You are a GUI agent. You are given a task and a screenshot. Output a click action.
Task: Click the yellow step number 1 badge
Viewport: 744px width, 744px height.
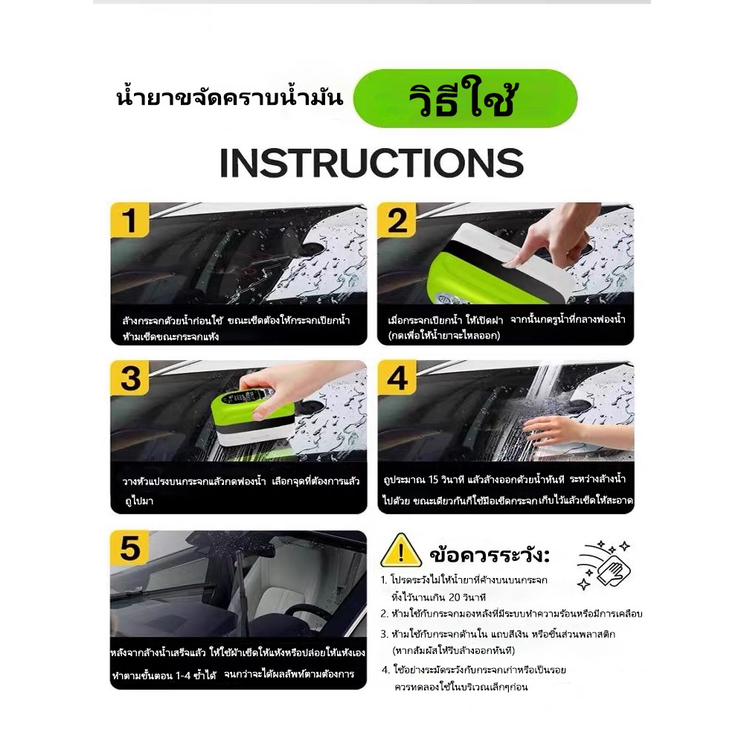coord(129,220)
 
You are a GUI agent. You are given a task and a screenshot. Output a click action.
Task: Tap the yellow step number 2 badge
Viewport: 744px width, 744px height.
coord(397,220)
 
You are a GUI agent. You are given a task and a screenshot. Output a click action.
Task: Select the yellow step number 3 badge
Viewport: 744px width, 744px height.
coord(129,378)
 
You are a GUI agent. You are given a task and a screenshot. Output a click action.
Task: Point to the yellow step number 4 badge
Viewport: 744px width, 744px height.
coord(397,378)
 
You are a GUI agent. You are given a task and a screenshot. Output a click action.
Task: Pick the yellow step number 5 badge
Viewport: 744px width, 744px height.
coord(129,548)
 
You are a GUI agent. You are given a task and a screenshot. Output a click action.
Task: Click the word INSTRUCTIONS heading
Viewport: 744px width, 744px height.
coord(371,163)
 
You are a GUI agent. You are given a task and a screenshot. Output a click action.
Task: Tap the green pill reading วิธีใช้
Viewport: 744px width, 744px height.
coord(465,98)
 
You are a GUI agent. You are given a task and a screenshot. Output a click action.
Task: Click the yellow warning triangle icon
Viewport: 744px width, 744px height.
coord(401,551)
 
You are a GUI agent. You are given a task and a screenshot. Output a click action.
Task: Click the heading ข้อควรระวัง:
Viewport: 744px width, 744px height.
coord(490,554)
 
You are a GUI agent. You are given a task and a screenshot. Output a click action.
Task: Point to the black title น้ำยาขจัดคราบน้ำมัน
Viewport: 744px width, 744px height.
coord(229,97)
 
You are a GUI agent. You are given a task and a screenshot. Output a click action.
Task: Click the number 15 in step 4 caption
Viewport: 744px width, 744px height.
coord(433,480)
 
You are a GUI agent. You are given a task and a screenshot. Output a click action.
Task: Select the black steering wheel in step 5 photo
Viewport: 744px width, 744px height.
coord(304,617)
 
